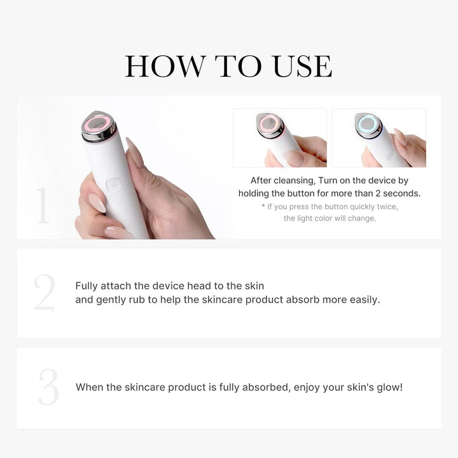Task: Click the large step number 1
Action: (x=43, y=205)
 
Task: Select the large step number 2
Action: (x=44, y=293)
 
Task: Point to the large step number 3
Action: (x=48, y=387)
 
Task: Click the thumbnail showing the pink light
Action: (x=279, y=138)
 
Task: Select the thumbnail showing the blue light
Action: (x=379, y=138)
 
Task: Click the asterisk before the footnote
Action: (x=263, y=207)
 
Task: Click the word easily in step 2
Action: (x=364, y=299)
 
